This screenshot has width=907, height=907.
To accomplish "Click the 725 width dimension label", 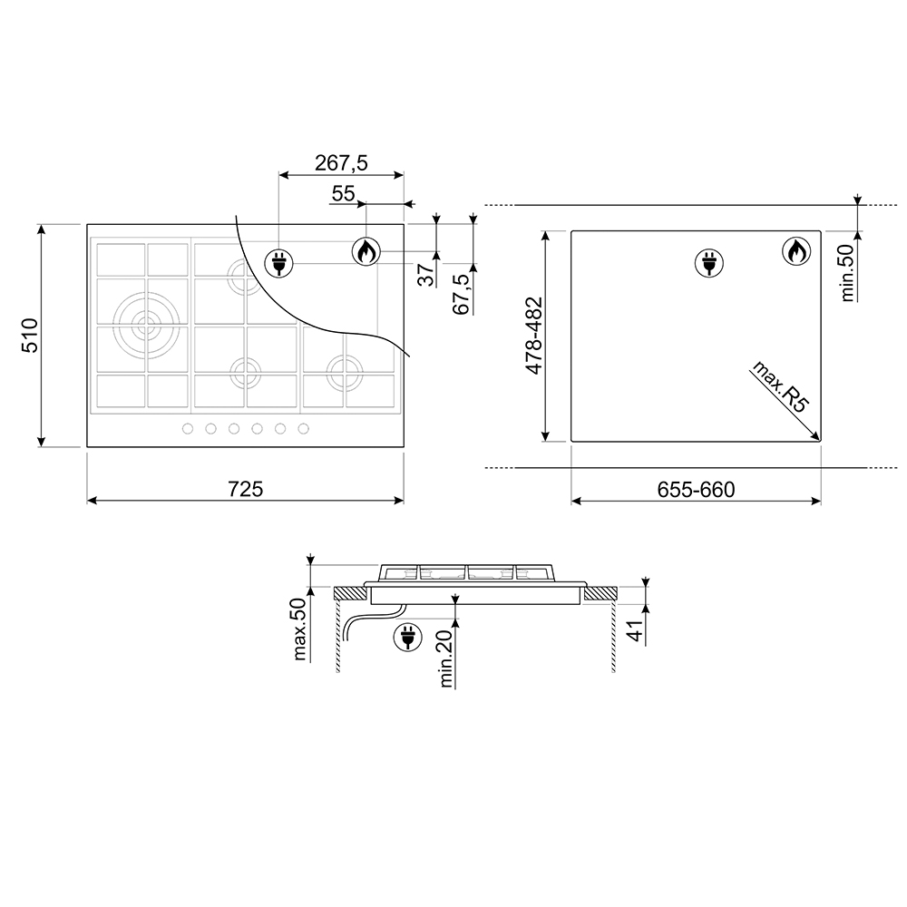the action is pyautogui.click(x=246, y=490).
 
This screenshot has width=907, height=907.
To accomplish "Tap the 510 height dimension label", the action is pyautogui.click(x=29, y=335).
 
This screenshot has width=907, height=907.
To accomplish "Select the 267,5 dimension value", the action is pyautogui.click(x=341, y=163).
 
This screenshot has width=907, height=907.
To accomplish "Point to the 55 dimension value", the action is pyautogui.click(x=343, y=193).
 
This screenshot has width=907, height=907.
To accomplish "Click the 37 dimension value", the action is pyautogui.click(x=426, y=275).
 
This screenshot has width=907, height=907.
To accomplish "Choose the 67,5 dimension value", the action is pyautogui.click(x=461, y=295).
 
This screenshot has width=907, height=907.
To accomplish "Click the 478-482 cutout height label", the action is pyautogui.click(x=534, y=336).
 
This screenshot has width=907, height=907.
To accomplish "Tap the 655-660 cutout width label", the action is pyautogui.click(x=696, y=490).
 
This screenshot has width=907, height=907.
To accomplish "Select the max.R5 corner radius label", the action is pyautogui.click(x=779, y=386).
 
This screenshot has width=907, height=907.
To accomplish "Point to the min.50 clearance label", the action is pyautogui.click(x=847, y=272).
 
